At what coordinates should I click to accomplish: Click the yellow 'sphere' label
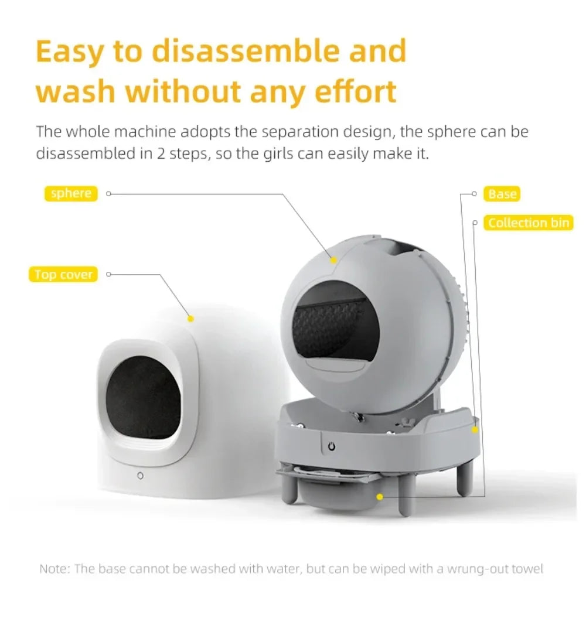point(71,193)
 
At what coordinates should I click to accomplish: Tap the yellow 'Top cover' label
point(63,274)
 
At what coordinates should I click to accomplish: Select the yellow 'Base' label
point(502,194)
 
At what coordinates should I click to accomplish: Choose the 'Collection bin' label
point(529,223)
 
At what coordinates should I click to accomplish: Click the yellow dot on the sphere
point(333,260)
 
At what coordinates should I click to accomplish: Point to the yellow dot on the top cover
point(190,319)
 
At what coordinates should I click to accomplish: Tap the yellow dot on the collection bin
point(380,497)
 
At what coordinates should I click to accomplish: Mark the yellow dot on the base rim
point(475,429)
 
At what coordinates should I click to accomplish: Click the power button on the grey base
point(332,446)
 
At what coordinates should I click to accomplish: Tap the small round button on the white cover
point(140,476)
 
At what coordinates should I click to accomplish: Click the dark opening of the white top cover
point(143,397)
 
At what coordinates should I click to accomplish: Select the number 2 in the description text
point(161,153)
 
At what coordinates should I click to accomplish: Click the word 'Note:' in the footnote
point(55,569)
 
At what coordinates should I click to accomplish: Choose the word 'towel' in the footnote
point(527,569)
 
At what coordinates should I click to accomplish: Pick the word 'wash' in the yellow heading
point(75,91)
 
